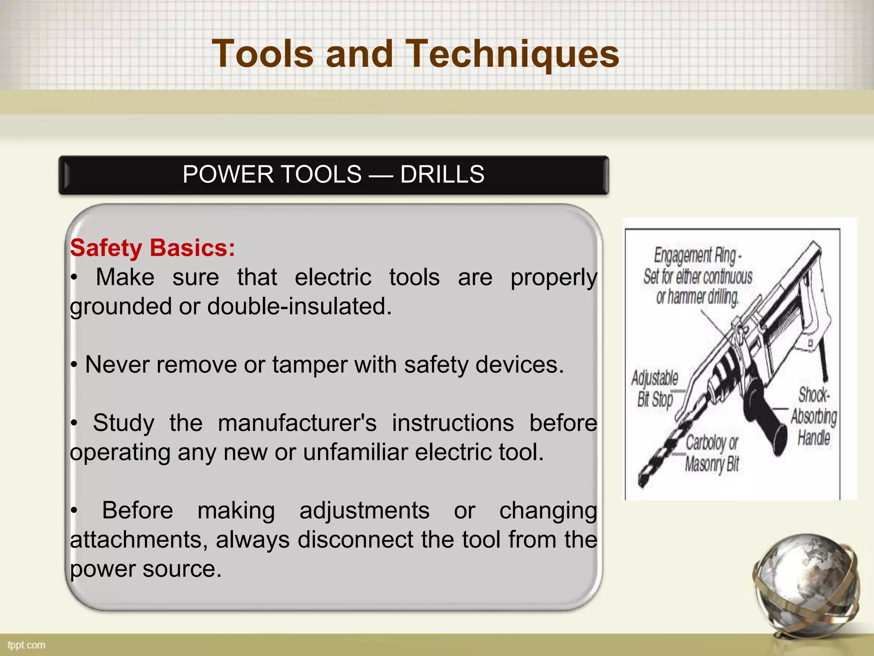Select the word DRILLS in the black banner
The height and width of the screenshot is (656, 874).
click(442, 175)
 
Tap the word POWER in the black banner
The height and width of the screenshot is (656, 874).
click(228, 175)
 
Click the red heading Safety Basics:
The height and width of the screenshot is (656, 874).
click(152, 248)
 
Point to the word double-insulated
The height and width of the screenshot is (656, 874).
click(299, 307)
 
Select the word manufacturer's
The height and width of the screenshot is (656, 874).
click(297, 423)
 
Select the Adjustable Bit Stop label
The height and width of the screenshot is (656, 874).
click(655, 389)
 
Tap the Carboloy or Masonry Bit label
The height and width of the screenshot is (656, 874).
click(711, 454)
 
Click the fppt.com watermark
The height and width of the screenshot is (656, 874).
click(26, 645)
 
